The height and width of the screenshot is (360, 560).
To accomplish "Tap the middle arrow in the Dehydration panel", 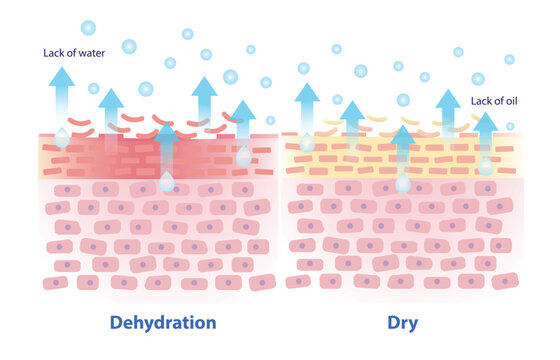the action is (x=166, y=140).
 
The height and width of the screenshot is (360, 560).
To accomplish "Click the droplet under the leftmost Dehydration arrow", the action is (x=63, y=137).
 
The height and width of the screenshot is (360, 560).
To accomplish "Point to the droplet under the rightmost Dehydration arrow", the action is (x=244, y=156).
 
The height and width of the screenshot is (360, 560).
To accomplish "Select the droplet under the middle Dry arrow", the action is (x=402, y=184).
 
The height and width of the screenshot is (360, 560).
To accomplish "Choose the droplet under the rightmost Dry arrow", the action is (x=485, y=166).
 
